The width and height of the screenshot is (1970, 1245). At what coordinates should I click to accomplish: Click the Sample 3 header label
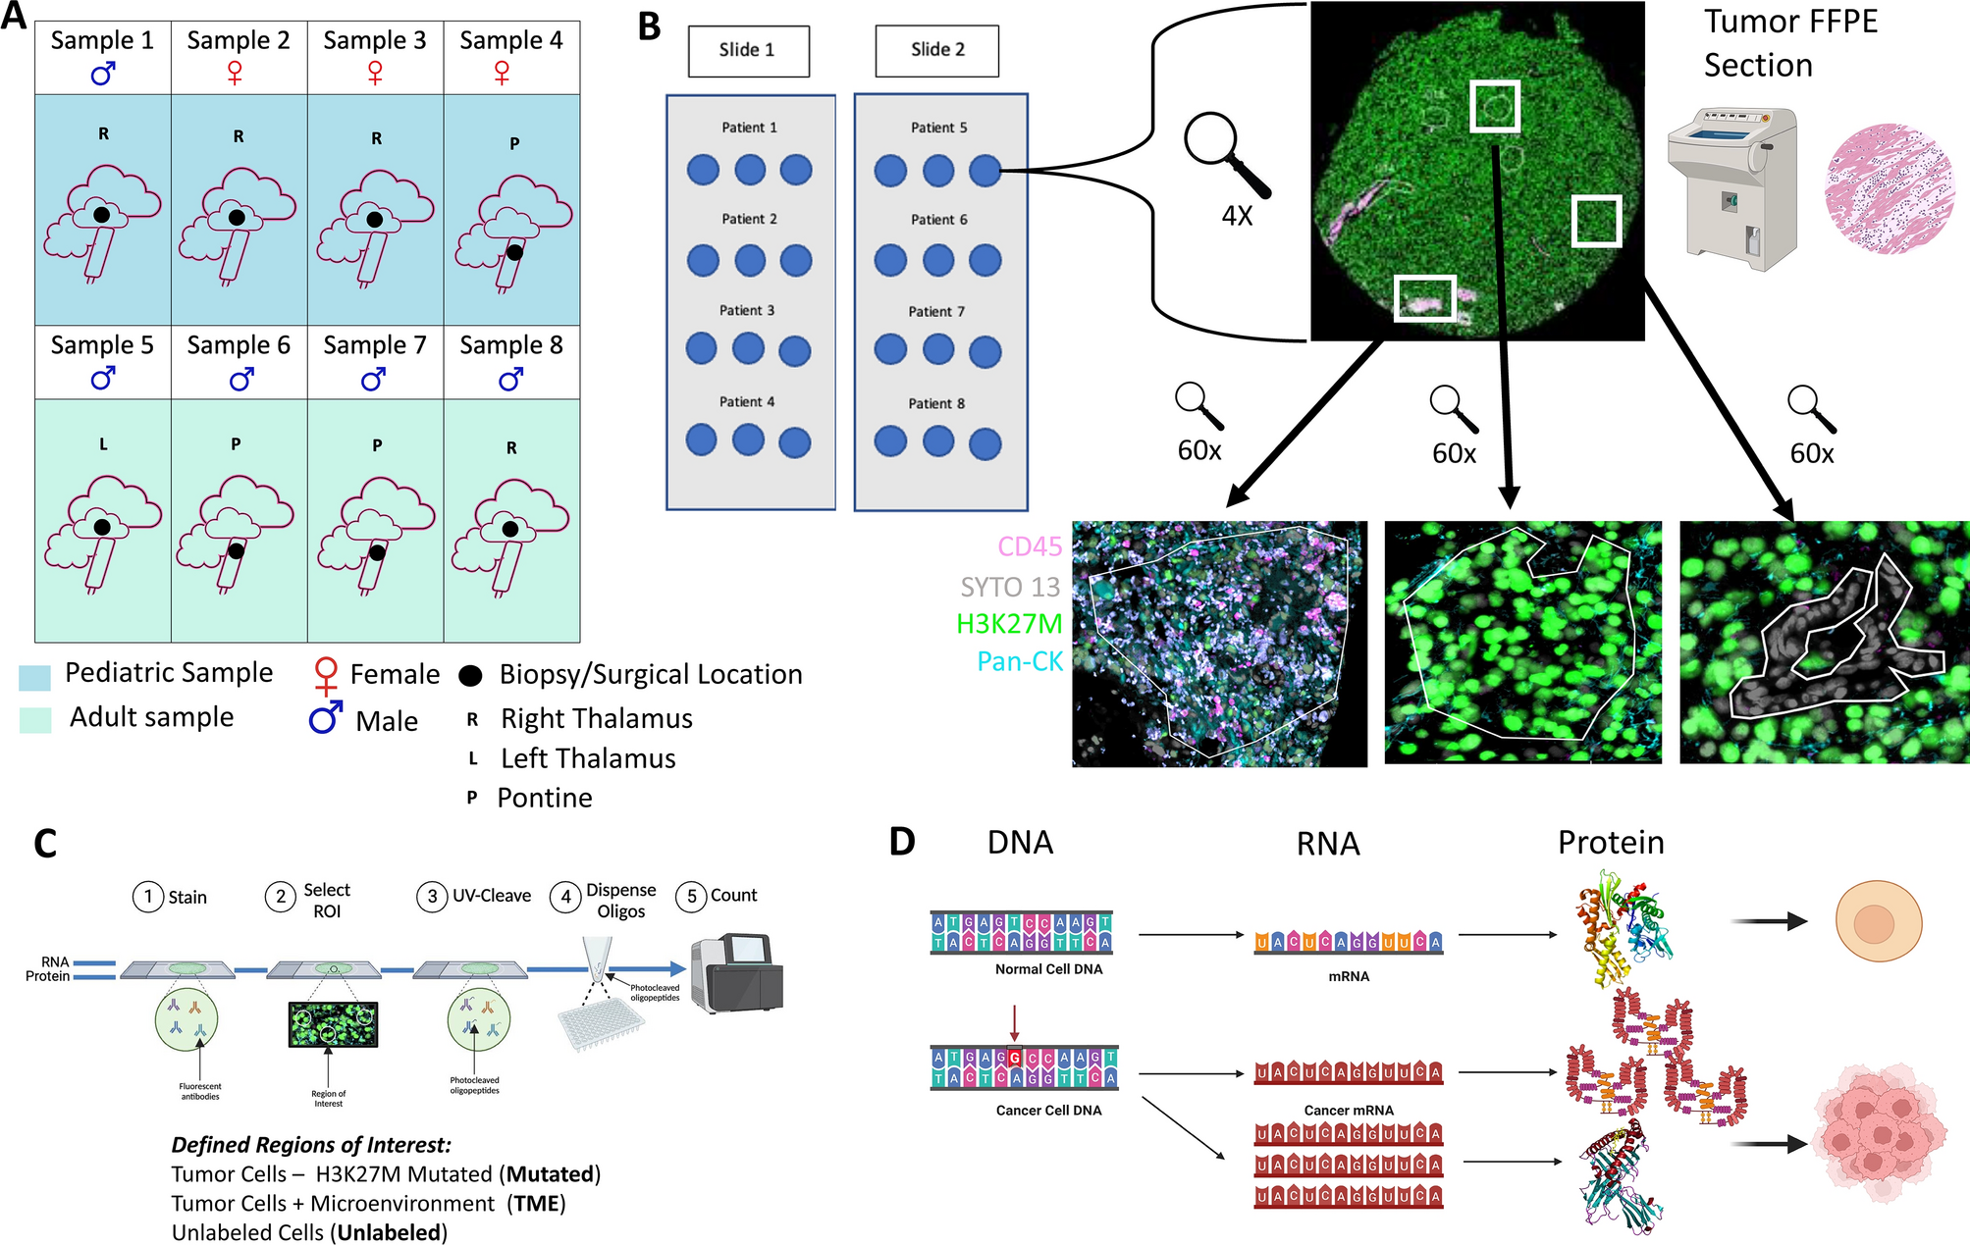375,40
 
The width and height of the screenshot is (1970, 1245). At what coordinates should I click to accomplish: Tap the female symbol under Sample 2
235,73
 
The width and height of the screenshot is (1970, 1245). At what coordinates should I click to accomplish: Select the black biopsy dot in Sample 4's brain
514,252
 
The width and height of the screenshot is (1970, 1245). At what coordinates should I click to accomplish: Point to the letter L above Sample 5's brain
103,444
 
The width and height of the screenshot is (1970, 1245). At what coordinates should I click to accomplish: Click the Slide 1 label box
748,50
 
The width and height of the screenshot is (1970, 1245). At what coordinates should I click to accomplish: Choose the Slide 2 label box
936,50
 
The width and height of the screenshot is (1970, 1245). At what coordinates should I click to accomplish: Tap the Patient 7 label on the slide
936,311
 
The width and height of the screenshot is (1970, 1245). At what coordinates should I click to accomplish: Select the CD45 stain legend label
1030,546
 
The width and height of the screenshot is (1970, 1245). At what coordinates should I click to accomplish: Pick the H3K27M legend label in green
1009,624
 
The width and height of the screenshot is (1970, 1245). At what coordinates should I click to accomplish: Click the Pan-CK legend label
1020,662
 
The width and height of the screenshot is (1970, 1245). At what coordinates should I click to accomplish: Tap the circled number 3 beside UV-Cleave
432,897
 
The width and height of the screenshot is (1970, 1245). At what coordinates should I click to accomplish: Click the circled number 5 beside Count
691,896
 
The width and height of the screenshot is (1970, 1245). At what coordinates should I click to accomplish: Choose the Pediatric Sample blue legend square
34,677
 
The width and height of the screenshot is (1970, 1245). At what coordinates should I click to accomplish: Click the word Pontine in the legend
545,798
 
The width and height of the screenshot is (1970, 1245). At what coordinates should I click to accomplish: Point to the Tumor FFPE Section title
1790,43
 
